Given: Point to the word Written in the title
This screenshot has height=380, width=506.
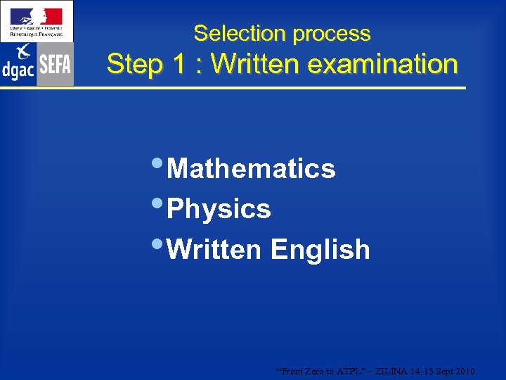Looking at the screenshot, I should [x=255, y=64].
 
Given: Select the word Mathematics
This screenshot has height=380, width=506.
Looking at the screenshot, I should [x=252, y=169].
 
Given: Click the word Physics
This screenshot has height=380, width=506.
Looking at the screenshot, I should [x=219, y=209].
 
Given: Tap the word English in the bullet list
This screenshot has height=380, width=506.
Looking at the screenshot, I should [x=320, y=249].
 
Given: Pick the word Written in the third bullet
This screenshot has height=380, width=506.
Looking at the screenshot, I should [x=214, y=249].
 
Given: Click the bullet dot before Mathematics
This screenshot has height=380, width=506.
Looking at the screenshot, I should [x=159, y=165].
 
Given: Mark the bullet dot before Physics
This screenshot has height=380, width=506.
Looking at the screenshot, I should [x=159, y=205].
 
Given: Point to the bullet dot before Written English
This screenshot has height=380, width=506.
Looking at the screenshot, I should [x=159, y=245].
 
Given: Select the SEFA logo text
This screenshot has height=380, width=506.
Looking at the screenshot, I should [x=55, y=65].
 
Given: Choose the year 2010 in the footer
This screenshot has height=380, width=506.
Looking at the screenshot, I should [x=465, y=371].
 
